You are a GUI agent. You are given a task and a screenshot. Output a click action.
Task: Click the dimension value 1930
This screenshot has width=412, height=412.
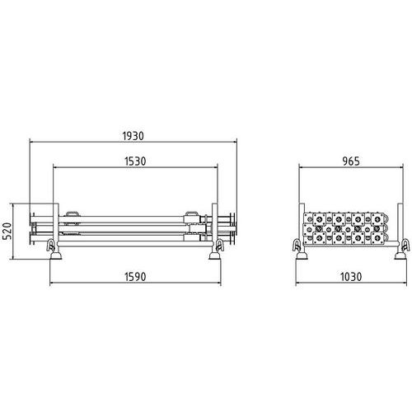point(133,136)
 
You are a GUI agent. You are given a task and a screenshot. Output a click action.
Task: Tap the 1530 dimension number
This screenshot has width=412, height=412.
point(135,162)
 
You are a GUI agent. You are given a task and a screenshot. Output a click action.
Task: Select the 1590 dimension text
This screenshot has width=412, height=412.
point(135,277)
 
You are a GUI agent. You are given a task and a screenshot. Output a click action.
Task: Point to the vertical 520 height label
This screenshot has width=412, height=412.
point(7,231)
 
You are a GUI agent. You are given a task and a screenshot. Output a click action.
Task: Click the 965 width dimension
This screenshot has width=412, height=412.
point(351,162)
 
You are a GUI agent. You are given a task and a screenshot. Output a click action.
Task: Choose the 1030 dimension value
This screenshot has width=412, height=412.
point(351,277)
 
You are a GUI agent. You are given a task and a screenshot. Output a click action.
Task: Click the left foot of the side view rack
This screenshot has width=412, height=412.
point(56,256)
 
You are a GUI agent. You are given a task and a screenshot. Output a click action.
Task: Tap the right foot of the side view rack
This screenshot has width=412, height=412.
point(214,256)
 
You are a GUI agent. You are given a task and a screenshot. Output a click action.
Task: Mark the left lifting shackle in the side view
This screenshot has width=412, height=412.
point(51,246)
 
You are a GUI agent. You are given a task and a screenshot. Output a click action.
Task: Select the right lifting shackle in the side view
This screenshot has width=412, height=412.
point(220,246)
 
